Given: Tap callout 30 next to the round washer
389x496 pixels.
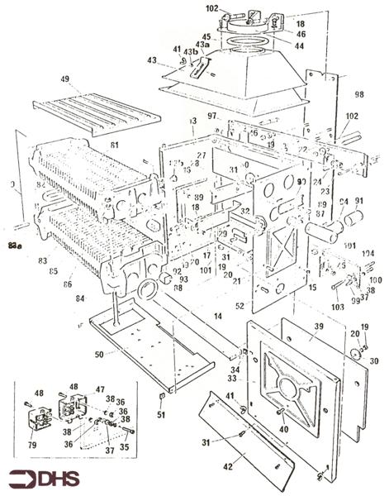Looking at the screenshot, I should (373, 361).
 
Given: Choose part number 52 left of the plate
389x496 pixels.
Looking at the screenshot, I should (240, 306).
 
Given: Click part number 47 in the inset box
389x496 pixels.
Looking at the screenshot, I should (100, 388).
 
